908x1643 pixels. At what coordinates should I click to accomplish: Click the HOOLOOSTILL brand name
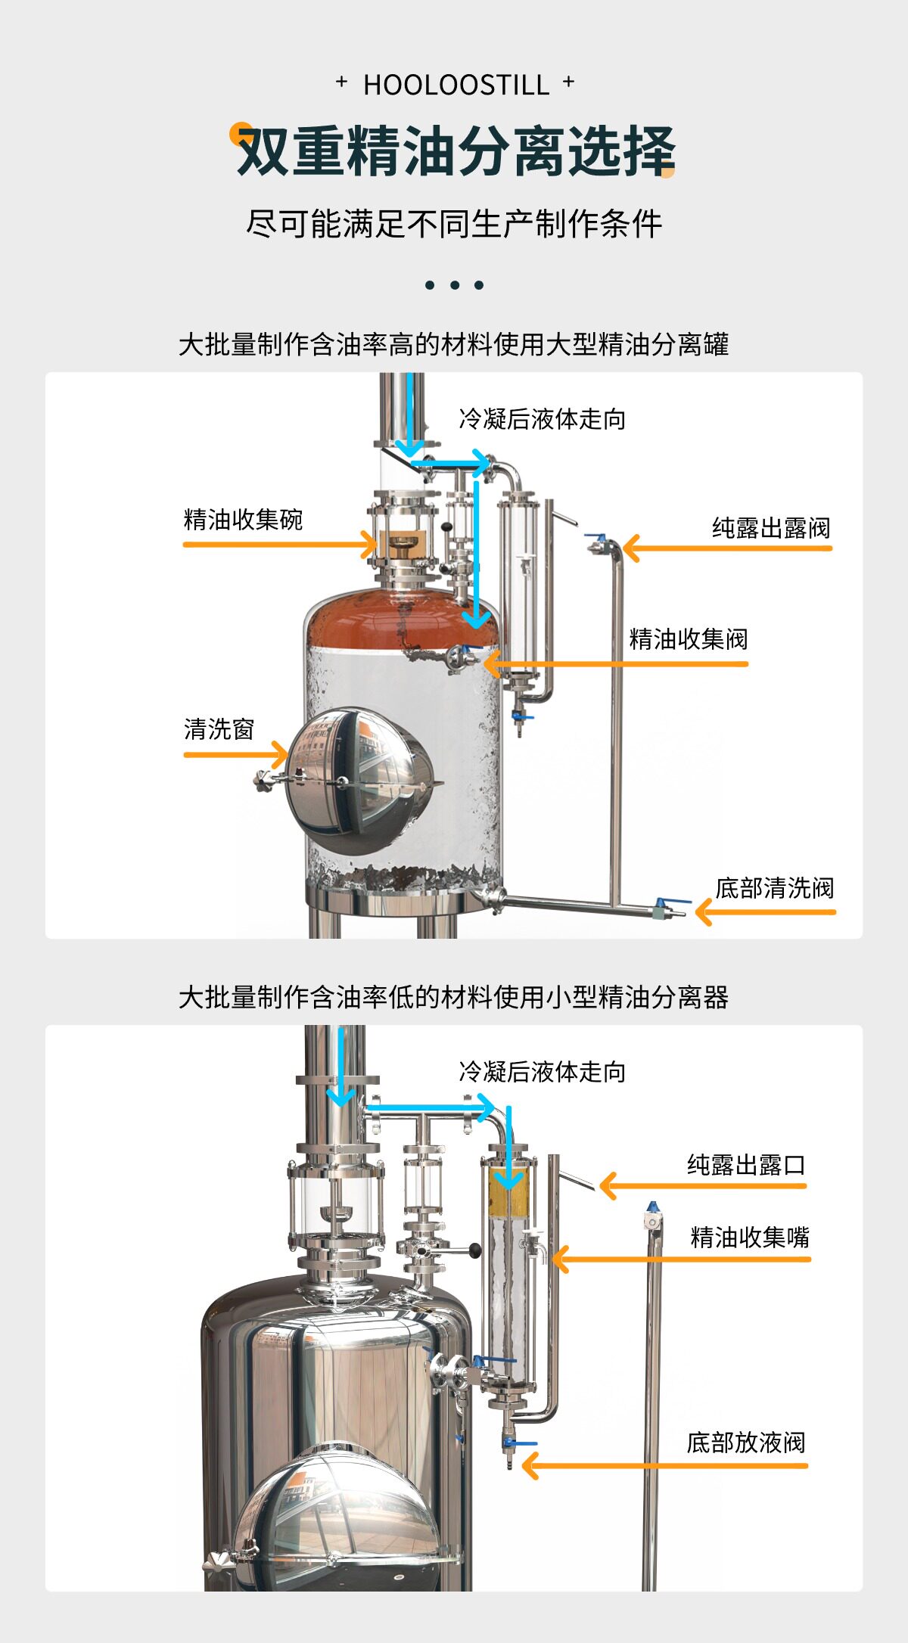click(456, 85)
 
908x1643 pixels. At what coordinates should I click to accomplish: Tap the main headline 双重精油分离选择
click(456, 151)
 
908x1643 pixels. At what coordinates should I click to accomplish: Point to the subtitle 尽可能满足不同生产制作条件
click(454, 224)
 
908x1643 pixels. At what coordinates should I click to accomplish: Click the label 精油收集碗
click(243, 520)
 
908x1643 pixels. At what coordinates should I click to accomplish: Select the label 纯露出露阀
click(770, 527)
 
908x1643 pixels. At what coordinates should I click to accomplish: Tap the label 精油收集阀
click(688, 639)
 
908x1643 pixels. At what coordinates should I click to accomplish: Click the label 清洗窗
click(219, 729)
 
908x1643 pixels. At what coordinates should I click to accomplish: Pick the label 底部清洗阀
click(774, 888)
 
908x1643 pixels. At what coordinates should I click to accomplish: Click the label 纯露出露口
click(745, 1165)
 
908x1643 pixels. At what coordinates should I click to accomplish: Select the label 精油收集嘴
click(749, 1238)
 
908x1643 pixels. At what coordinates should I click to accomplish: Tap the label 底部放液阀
click(745, 1443)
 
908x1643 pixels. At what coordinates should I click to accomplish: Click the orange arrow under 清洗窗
click(235, 754)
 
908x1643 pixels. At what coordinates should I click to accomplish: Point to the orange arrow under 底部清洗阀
click(764, 912)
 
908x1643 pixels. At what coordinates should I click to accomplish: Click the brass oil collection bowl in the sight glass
click(402, 542)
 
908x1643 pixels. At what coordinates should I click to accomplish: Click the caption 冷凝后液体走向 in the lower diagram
click(542, 1072)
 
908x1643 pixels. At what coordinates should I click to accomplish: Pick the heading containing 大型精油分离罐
click(453, 344)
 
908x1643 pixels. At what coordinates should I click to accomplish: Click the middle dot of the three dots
click(454, 285)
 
